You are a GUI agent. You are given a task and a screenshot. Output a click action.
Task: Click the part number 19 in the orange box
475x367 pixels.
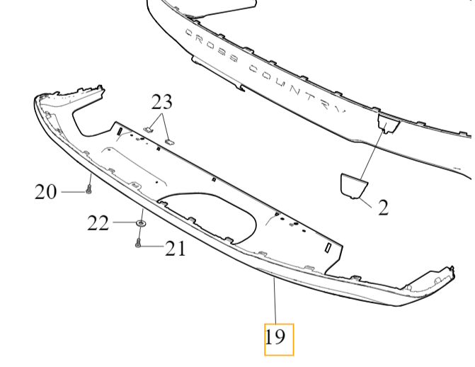point(275,337)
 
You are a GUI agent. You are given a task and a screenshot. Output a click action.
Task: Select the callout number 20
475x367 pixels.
point(46,192)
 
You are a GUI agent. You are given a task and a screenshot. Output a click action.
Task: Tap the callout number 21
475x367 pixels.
point(175,249)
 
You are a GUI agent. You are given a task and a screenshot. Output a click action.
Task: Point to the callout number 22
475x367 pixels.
point(98,224)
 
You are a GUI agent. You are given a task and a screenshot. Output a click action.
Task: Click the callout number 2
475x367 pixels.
point(383,208)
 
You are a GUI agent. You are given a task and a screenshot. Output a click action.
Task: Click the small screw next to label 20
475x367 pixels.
point(88,189)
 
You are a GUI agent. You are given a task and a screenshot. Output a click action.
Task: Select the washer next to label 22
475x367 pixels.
point(141,223)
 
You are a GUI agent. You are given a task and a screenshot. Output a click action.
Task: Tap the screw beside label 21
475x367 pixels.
point(138,243)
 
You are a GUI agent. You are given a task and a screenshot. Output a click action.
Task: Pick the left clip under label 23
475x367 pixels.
point(149,130)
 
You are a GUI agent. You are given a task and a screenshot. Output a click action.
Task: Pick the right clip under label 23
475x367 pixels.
point(170,141)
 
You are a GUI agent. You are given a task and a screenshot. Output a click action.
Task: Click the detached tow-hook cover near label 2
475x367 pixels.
point(354,186)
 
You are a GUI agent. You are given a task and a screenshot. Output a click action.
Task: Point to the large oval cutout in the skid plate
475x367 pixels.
point(209,216)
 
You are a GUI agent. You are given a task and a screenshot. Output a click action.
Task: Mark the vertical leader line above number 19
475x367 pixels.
point(275,301)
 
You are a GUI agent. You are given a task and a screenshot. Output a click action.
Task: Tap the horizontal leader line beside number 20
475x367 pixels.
point(74,192)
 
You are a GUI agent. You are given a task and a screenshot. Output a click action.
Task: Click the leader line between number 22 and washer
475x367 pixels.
point(124,222)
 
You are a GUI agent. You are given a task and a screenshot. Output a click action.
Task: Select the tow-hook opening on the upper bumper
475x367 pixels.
point(389,124)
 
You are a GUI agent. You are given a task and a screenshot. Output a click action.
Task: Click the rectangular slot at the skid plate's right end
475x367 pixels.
point(328,248)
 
